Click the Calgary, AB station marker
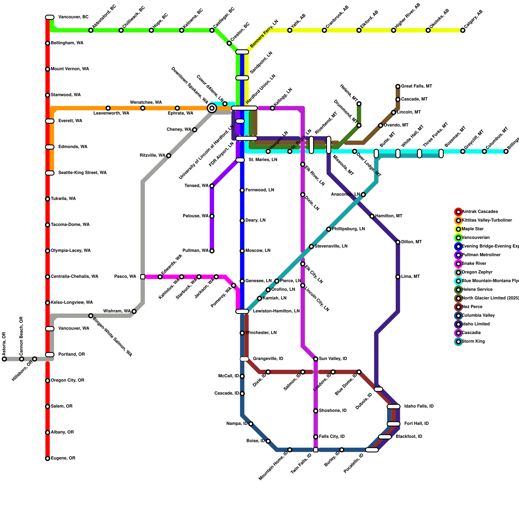pos(463,30)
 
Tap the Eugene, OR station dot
pos(48,458)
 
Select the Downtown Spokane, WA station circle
pos(212,108)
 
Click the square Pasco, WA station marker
pos(143,277)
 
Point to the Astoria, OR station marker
pos(4,359)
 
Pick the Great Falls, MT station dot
pos(398,86)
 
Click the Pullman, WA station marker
pos(212,251)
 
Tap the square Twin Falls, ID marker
pos(316,450)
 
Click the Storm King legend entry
pos(473,342)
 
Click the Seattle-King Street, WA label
pos(82,173)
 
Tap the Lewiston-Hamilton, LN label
pos(276,311)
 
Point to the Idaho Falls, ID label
pos(419,406)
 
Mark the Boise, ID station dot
pos(268,441)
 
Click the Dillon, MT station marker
pos(398,242)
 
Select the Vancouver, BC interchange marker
pos(50,17)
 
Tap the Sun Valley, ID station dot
pos(316,359)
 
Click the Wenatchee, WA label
pos(146,103)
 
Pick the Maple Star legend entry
pos(472,229)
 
